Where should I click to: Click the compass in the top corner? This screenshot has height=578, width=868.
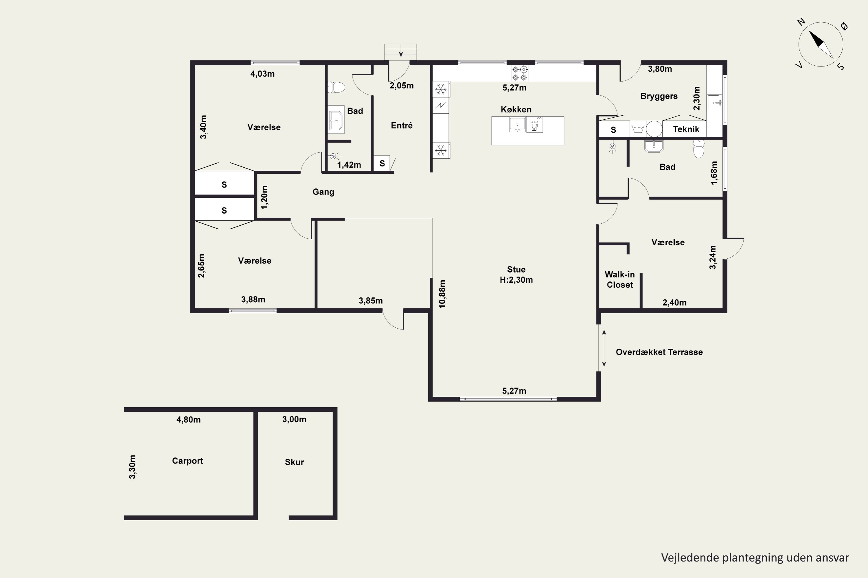pyautogui.click(x=821, y=45)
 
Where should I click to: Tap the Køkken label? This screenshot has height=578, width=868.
pyautogui.click(x=516, y=110)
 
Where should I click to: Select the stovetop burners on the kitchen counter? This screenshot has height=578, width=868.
pyautogui.click(x=520, y=73)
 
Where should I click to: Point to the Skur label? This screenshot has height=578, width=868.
pyautogui.click(x=294, y=462)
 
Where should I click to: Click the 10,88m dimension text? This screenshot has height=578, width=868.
pyautogui.click(x=442, y=294)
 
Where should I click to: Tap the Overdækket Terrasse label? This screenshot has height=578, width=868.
pyautogui.click(x=659, y=352)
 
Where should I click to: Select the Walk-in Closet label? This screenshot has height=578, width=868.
pyautogui.click(x=620, y=279)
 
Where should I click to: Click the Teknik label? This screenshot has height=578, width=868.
pyautogui.click(x=686, y=129)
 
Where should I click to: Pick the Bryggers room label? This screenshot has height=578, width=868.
pyautogui.click(x=659, y=96)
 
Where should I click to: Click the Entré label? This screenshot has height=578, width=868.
pyautogui.click(x=402, y=125)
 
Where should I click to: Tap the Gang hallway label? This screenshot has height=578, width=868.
pyautogui.click(x=323, y=192)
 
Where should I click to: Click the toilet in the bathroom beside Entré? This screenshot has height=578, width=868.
pyautogui.click(x=336, y=87)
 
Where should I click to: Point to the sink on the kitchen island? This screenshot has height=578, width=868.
pyautogui.click(x=517, y=125)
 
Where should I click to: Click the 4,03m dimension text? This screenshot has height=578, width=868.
pyautogui.click(x=262, y=74)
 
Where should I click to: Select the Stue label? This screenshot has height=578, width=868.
pyautogui.click(x=516, y=269)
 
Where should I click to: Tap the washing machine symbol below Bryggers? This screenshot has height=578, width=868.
pyautogui.click(x=638, y=129)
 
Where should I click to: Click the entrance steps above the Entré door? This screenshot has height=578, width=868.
pyautogui.click(x=400, y=52)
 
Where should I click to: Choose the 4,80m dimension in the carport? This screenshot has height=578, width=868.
pyautogui.click(x=188, y=420)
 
